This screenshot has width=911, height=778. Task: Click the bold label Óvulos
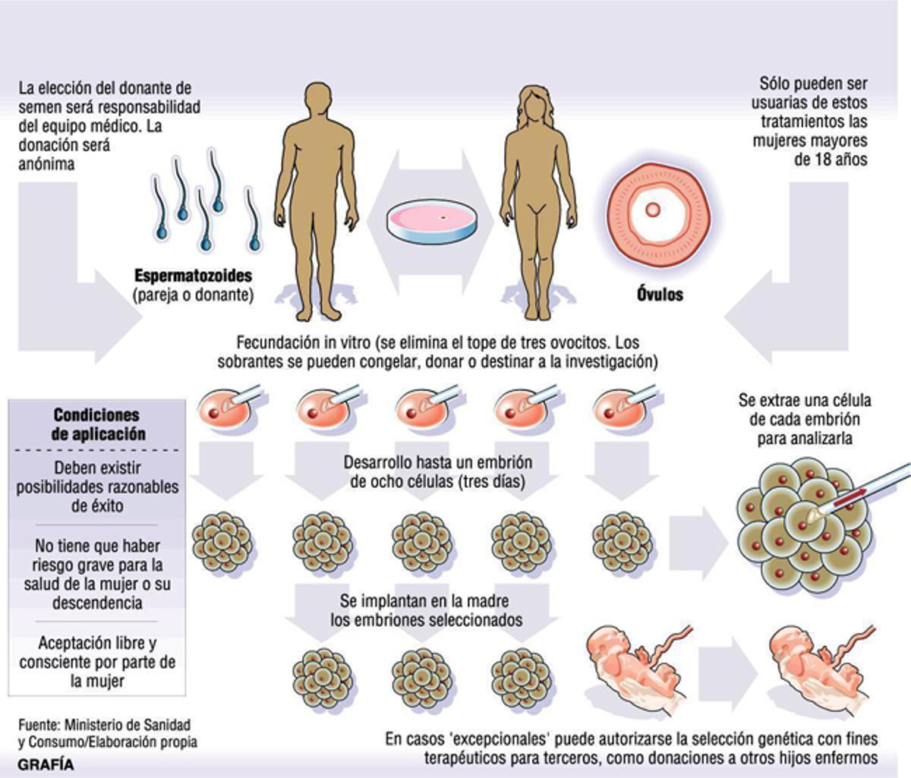point(659,294)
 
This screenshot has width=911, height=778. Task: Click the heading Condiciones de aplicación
point(96,425)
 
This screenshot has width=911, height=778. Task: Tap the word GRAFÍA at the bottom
point(46,764)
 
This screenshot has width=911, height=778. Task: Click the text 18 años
point(831,159)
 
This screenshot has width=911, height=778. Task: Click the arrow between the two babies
point(727,660)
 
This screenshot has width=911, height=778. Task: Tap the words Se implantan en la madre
point(424,601)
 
